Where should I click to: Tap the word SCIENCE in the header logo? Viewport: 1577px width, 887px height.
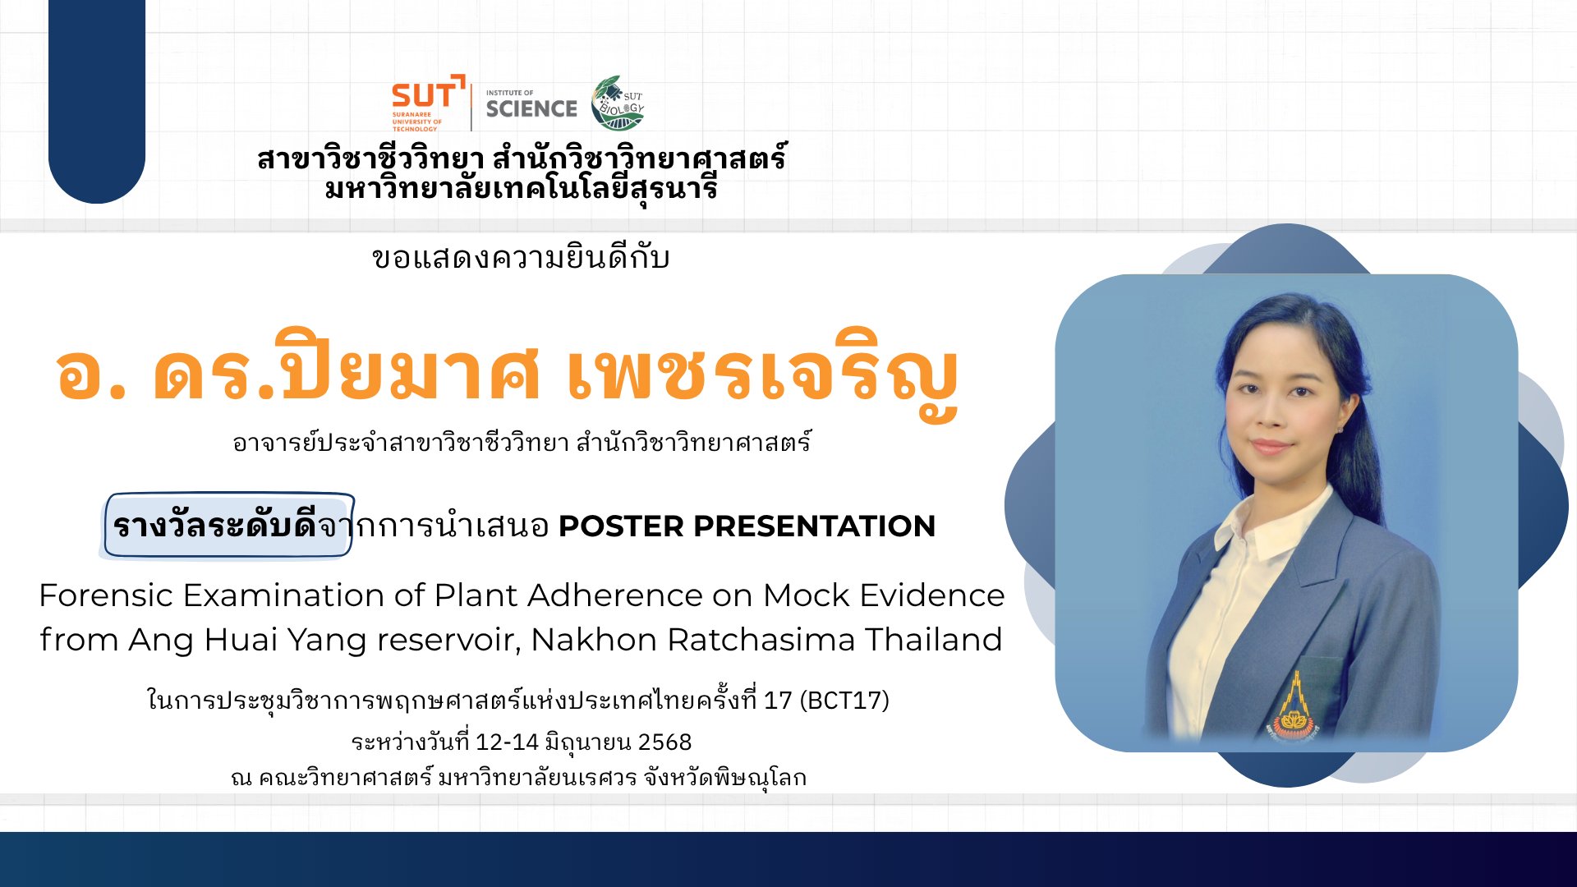coord(531,108)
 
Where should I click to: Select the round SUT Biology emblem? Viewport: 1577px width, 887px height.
coord(618,103)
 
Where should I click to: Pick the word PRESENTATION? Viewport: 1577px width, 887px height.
coord(815,526)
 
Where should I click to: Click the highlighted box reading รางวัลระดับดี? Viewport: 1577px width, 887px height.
coord(229,525)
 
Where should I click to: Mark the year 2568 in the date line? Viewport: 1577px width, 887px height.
coord(664,742)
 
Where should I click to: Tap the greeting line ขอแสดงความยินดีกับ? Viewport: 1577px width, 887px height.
coord(521,258)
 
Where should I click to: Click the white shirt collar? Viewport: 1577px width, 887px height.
coord(1266,526)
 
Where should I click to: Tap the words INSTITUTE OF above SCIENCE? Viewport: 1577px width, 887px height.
coord(509,93)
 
